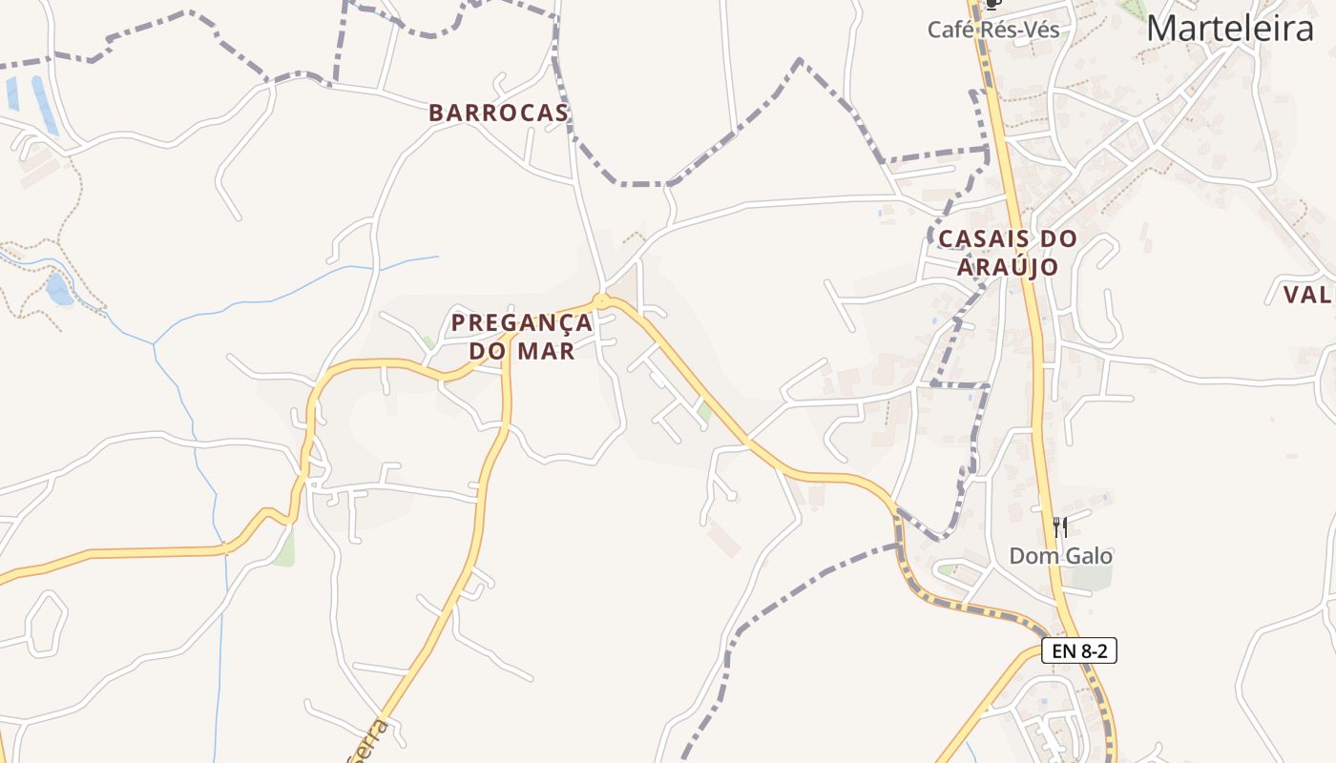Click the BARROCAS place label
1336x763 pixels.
pos(498,113)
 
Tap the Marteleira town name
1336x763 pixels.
pos(1229,29)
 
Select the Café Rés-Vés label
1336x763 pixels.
pos(993,30)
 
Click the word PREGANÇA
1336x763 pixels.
pos(522,322)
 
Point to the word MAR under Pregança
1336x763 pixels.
pos(546,351)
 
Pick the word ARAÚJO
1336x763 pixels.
pos(1008,267)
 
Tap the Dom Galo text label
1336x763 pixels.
pos(1061,555)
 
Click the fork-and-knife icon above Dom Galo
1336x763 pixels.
pos(1059,526)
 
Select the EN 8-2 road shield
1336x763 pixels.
pos(1078,651)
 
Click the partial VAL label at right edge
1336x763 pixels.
pos(1308,295)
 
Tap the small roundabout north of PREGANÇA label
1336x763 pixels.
pos(601,301)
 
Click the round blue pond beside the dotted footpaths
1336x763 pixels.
pos(58,290)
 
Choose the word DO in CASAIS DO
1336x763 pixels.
pos(1058,238)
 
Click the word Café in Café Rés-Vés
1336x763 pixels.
pos(954,30)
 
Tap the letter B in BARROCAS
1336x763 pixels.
pos(436,113)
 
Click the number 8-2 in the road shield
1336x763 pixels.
pos(1093,651)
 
